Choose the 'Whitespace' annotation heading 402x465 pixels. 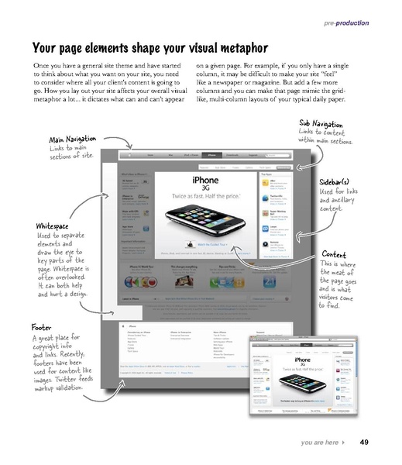pos(54,226)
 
